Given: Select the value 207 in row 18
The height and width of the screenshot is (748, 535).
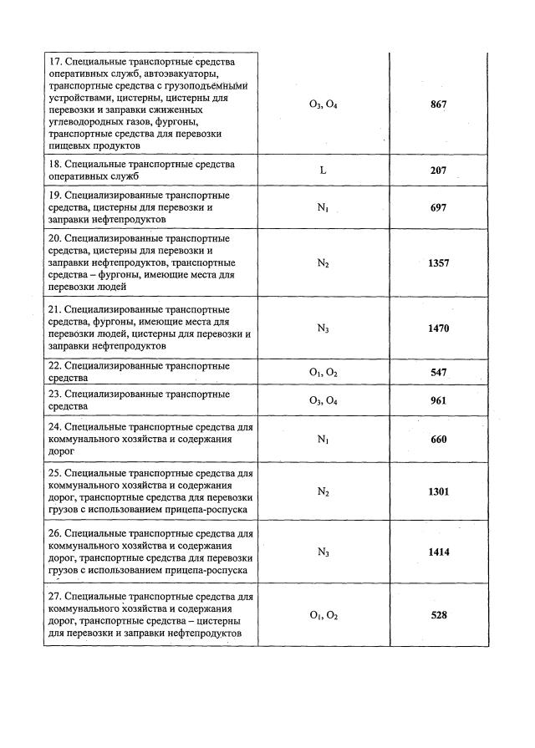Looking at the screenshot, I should coord(438,170).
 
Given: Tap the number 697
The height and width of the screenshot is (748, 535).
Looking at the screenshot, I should coord(438,207).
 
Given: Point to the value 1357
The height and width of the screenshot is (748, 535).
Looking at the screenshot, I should coord(438,262).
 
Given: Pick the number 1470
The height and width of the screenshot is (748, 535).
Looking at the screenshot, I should coord(438,328).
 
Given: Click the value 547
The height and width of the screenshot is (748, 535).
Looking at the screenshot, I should coord(438,372).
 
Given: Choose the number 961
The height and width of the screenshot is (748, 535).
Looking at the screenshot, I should coord(438,400).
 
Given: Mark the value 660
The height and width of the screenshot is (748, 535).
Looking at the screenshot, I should coord(438,440).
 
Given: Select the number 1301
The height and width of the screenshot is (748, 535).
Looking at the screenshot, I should coord(438,491).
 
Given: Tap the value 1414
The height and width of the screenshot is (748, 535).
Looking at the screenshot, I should coord(438,552).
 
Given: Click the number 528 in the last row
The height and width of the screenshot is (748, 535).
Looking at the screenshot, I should coord(438,615).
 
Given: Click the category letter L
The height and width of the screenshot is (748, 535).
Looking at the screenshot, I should coord(323,170).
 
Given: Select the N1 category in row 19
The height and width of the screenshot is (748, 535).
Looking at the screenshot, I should coord(323,208).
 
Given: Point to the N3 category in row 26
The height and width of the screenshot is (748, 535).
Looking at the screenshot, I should coord(323,552).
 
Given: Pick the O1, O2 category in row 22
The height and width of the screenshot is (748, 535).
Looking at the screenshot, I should coord(323,373).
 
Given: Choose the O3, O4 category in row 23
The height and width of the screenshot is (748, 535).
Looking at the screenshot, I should coord(323,401).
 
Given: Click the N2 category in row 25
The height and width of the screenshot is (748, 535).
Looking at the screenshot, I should coord(323,492).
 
